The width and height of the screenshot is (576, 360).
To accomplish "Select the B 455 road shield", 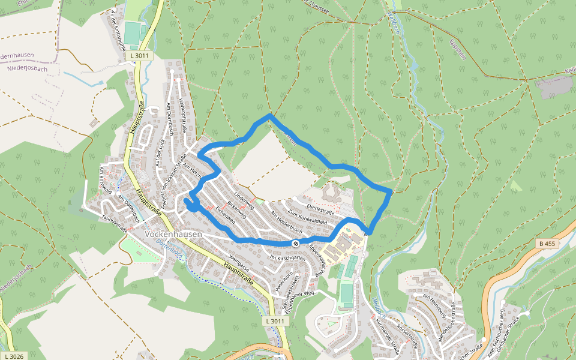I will pos(547,244).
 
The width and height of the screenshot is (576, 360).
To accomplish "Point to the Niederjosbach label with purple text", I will pos(28,68).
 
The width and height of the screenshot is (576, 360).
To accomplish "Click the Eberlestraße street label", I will pos(320,211).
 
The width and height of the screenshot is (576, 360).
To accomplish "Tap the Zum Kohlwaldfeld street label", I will pos(307,217).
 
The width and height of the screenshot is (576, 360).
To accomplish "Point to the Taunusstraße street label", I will pos(114,224).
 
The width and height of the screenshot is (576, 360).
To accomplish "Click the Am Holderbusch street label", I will pos(286,221).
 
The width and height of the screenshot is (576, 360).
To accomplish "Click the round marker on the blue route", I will pos(296,243).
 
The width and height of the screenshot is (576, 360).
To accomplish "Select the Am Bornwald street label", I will pos(106,181).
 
